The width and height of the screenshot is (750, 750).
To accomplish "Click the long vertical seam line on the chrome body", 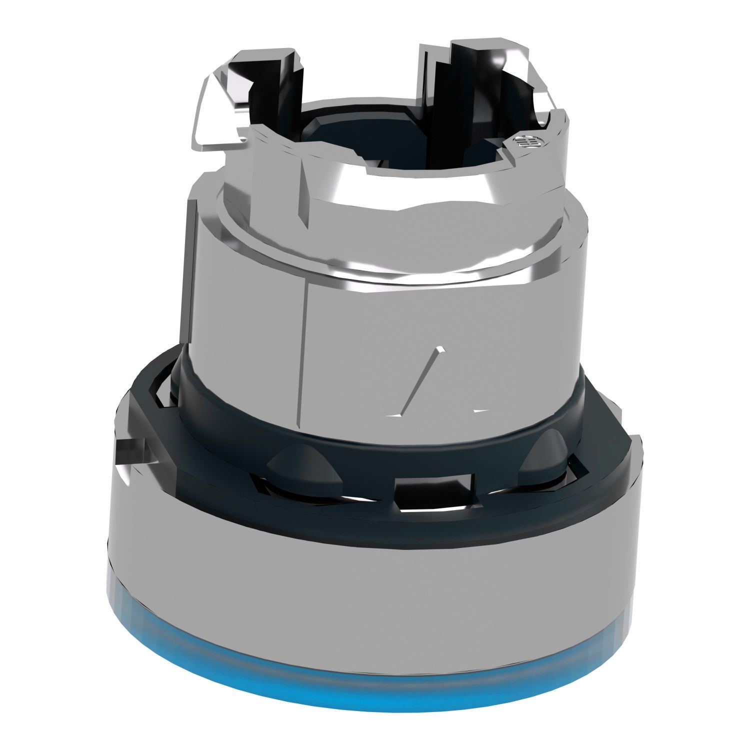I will point(303,360).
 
